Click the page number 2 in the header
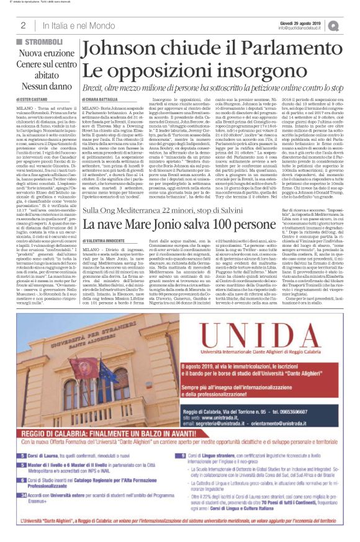pyautogui.click(x=22, y=25)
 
